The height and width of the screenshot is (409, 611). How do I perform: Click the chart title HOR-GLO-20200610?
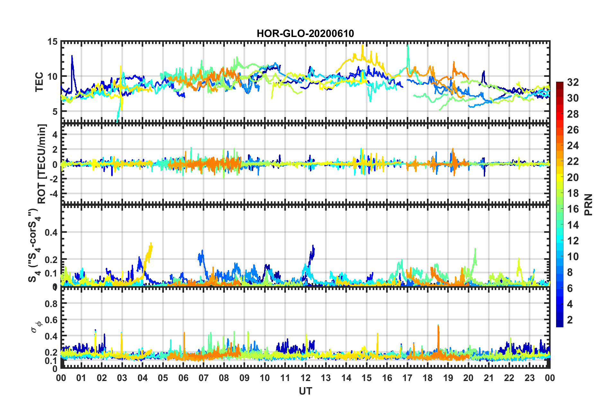click(x=305, y=33)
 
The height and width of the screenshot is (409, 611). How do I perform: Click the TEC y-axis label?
click(x=39, y=82)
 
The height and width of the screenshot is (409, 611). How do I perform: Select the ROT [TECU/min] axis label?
click(x=42, y=164)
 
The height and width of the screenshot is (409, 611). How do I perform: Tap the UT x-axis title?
click(x=305, y=391)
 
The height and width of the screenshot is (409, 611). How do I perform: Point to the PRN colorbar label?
click(x=588, y=204)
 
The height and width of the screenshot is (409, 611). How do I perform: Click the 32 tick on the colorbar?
click(x=573, y=82)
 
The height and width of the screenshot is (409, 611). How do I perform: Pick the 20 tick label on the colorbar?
click(x=573, y=177)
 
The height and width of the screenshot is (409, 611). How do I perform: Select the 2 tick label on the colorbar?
click(x=570, y=320)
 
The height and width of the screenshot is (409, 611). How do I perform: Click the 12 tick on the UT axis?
click(x=305, y=378)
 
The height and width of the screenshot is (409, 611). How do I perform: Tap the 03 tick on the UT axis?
click(x=122, y=378)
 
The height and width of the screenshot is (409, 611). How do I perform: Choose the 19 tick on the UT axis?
click(x=448, y=378)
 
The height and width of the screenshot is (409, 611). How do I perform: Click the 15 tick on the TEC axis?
click(x=52, y=42)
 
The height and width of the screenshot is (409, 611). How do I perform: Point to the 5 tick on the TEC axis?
click(x=55, y=112)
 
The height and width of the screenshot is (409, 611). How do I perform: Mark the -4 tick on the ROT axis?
click(x=53, y=194)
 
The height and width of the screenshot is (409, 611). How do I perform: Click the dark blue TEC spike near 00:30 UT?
click(x=72, y=57)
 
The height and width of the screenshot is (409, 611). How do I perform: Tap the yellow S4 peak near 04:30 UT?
click(x=151, y=244)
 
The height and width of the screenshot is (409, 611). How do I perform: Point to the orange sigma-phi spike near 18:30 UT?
click(x=438, y=326)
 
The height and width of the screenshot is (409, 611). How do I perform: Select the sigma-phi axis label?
click(x=36, y=325)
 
